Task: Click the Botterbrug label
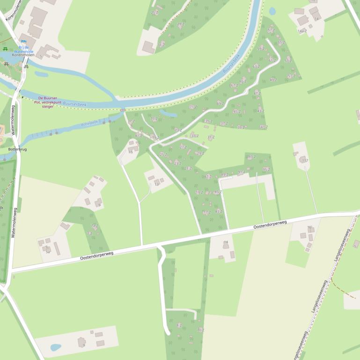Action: [x=17, y=149]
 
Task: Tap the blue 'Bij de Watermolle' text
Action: [x=23, y=49]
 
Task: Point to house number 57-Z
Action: [x=271, y=30]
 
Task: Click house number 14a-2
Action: [x=302, y=31]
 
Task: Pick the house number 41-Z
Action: [x=264, y=127]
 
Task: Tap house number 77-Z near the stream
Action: [x=132, y=122]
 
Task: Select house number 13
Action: [x=157, y=184]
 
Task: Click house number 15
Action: [x=131, y=152]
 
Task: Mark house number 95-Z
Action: [x=266, y=170]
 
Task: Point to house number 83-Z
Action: [x=219, y=211]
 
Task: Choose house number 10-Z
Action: [x=201, y=330]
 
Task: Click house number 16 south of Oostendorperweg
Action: [x=309, y=227]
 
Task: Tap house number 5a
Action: [x=48, y=252]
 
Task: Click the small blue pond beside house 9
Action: [x=56, y=347]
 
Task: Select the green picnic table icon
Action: [x=5, y=49]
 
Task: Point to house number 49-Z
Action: [x=273, y=80]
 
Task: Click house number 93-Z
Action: [x=252, y=157]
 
